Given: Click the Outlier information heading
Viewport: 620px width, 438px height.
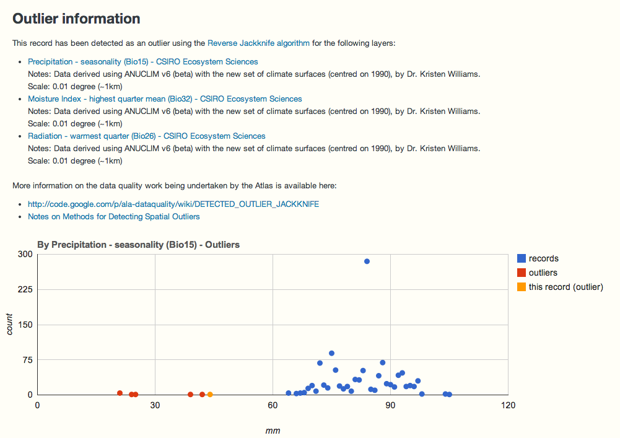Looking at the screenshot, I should coord(76,19).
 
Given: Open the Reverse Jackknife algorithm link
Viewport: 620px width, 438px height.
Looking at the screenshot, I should coord(258,43).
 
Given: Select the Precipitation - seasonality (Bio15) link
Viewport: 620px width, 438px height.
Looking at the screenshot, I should coord(143,62).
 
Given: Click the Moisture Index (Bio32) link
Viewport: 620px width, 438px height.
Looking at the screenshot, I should coord(165,99).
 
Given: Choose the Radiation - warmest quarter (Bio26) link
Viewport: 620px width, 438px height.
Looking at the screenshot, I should coord(147,136).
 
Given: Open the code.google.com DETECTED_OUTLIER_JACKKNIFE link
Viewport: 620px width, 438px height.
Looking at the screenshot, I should coord(173,204).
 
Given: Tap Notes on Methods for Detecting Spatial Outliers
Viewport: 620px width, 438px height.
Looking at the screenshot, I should coord(114,217).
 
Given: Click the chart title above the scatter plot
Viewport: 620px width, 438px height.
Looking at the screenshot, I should coord(138,245).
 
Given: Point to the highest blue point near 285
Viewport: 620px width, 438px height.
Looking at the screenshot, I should coord(367,261).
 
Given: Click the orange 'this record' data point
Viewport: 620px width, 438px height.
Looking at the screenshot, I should coord(210,395).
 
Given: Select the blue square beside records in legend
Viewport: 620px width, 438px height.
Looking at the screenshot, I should coord(522,259).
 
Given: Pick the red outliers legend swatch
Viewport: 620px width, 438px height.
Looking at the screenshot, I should coord(522,273).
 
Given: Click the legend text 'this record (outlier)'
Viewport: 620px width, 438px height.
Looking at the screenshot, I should coord(565,287).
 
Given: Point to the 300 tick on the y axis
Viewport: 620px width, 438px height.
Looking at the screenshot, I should coord(25,254).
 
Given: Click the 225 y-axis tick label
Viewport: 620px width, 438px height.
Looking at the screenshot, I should coord(25,289).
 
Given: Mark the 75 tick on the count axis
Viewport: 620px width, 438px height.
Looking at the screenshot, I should coord(27,360).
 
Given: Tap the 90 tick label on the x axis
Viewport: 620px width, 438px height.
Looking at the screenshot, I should coord(390,406).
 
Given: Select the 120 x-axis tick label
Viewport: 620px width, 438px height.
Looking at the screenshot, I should coord(507,406).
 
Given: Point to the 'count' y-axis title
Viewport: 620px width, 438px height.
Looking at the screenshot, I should coord(11,324).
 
